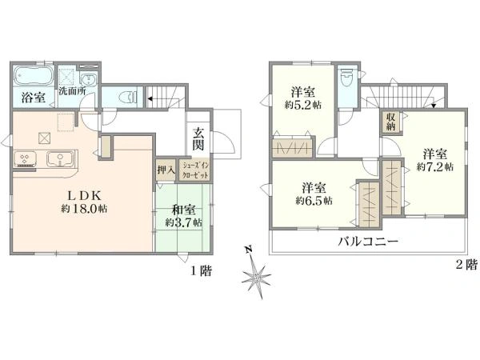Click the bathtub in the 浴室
click(34, 75)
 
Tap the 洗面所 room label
click(72, 91)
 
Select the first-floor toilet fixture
click(129, 97)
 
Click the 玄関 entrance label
click(198, 139)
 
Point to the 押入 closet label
click(166, 170)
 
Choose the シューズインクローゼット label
click(195, 171)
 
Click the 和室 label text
click(183, 210)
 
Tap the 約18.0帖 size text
click(84, 209)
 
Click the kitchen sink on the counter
click(60, 159)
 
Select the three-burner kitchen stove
click(25, 159)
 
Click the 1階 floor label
click(201, 271)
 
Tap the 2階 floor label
click(467, 265)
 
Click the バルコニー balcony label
click(368, 242)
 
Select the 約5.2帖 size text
click(303, 106)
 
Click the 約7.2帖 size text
click(435, 167)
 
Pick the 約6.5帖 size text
click(314, 201)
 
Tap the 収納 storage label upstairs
click(390, 122)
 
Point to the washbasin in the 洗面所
click(89, 79)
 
